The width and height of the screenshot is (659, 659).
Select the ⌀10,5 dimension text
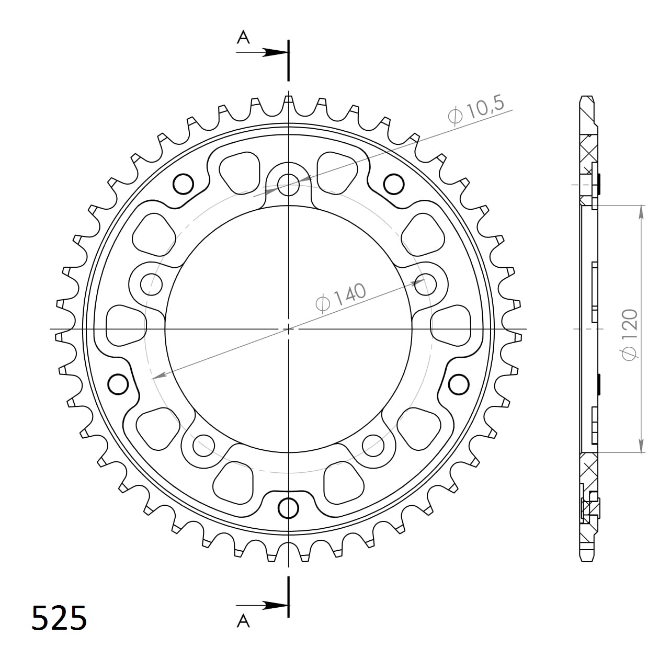(475, 110)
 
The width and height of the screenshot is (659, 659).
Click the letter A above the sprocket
(243, 37)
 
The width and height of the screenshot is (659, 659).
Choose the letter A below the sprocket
(243, 621)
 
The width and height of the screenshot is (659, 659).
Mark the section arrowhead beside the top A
(276, 52)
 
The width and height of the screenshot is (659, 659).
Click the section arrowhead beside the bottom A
(276, 605)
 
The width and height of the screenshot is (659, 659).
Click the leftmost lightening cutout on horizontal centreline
(126, 326)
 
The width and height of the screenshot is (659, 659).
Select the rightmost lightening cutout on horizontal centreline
(450, 326)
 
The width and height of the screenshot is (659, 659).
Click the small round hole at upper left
(183, 184)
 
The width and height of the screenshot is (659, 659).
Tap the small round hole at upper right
(394, 184)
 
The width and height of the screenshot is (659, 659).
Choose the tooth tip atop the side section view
(587, 99)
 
